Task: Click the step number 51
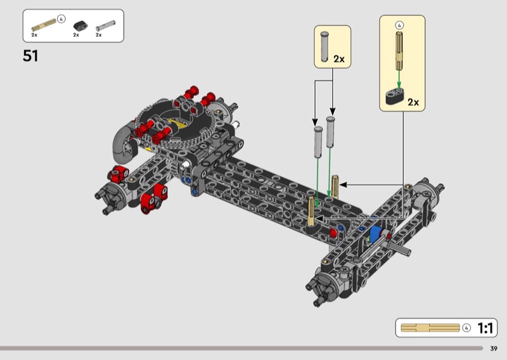pyautogui.click(x=30, y=56)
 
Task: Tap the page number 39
pyautogui.click(x=494, y=349)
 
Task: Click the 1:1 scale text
pyautogui.click(x=485, y=328)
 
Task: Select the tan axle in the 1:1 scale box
pyautogui.click(x=430, y=328)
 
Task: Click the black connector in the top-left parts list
pyautogui.click(x=80, y=26)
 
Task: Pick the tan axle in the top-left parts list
pyautogui.click(x=44, y=25)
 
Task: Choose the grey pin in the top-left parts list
pyautogui.click(x=105, y=26)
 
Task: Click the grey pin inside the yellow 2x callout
pyautogui.click(x=324, y=46)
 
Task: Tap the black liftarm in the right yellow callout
pyautogui.click(x=397, y=96)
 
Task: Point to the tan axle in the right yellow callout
pyautogui.click(x=399, y=51)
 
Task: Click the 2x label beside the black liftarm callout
pyautogui.click(x=413, y=102)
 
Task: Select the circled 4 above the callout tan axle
pyautogui.click(x=399, y=25)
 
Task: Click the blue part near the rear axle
pyautogui.click(x=375, y=233)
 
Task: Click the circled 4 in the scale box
pyautogui.click(x=466, y=328)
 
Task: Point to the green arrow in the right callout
pyautogui.click(x=399, y=79)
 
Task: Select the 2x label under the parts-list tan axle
pyautogui.click(x=34, y=35)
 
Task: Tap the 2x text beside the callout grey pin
pyautogui.click(x=339, y=59)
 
